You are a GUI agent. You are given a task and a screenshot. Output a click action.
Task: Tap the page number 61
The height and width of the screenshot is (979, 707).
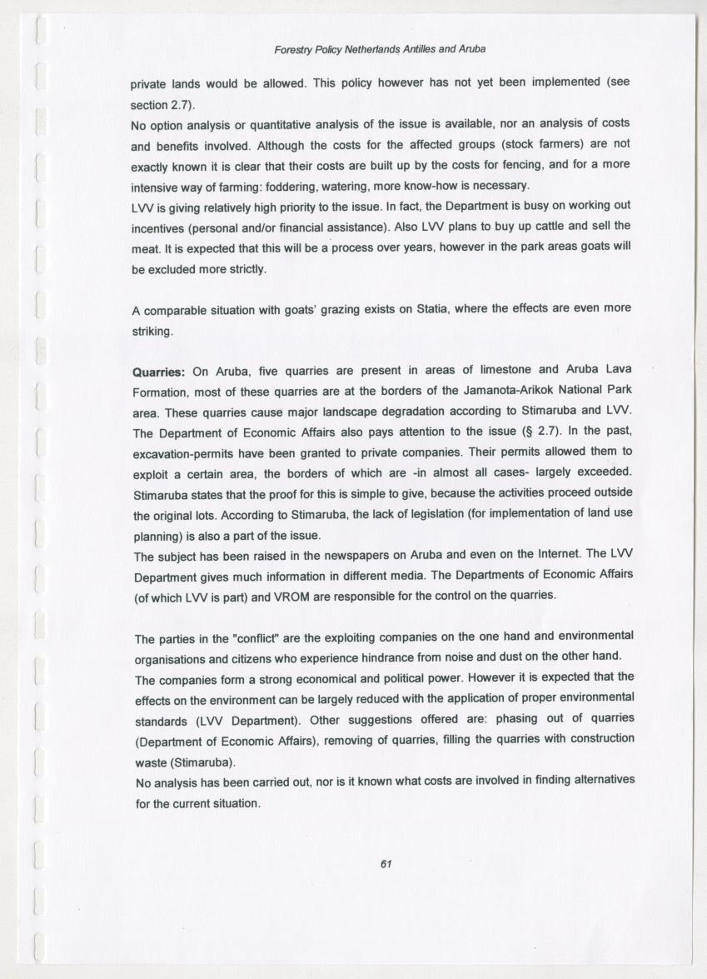[386, 863]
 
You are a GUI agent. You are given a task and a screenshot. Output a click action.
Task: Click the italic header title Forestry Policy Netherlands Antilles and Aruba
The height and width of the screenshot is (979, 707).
[380, 49]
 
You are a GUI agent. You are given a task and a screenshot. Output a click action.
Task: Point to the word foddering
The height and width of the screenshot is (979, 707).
[286, 185]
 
